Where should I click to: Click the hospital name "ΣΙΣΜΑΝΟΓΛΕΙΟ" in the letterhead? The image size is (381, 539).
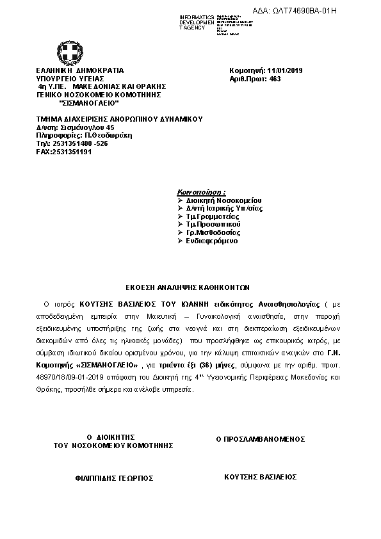[x=88, y=102]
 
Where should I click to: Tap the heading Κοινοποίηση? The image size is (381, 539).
[x=200, y=191]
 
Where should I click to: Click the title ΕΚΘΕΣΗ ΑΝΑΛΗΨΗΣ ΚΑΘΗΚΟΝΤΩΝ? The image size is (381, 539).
[x=187, y=287]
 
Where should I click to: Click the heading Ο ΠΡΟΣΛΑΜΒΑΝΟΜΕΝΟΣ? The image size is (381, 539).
[x=261, y=439]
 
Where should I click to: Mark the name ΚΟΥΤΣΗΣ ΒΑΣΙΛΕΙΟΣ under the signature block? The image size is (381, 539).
[x=260, y=477]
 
